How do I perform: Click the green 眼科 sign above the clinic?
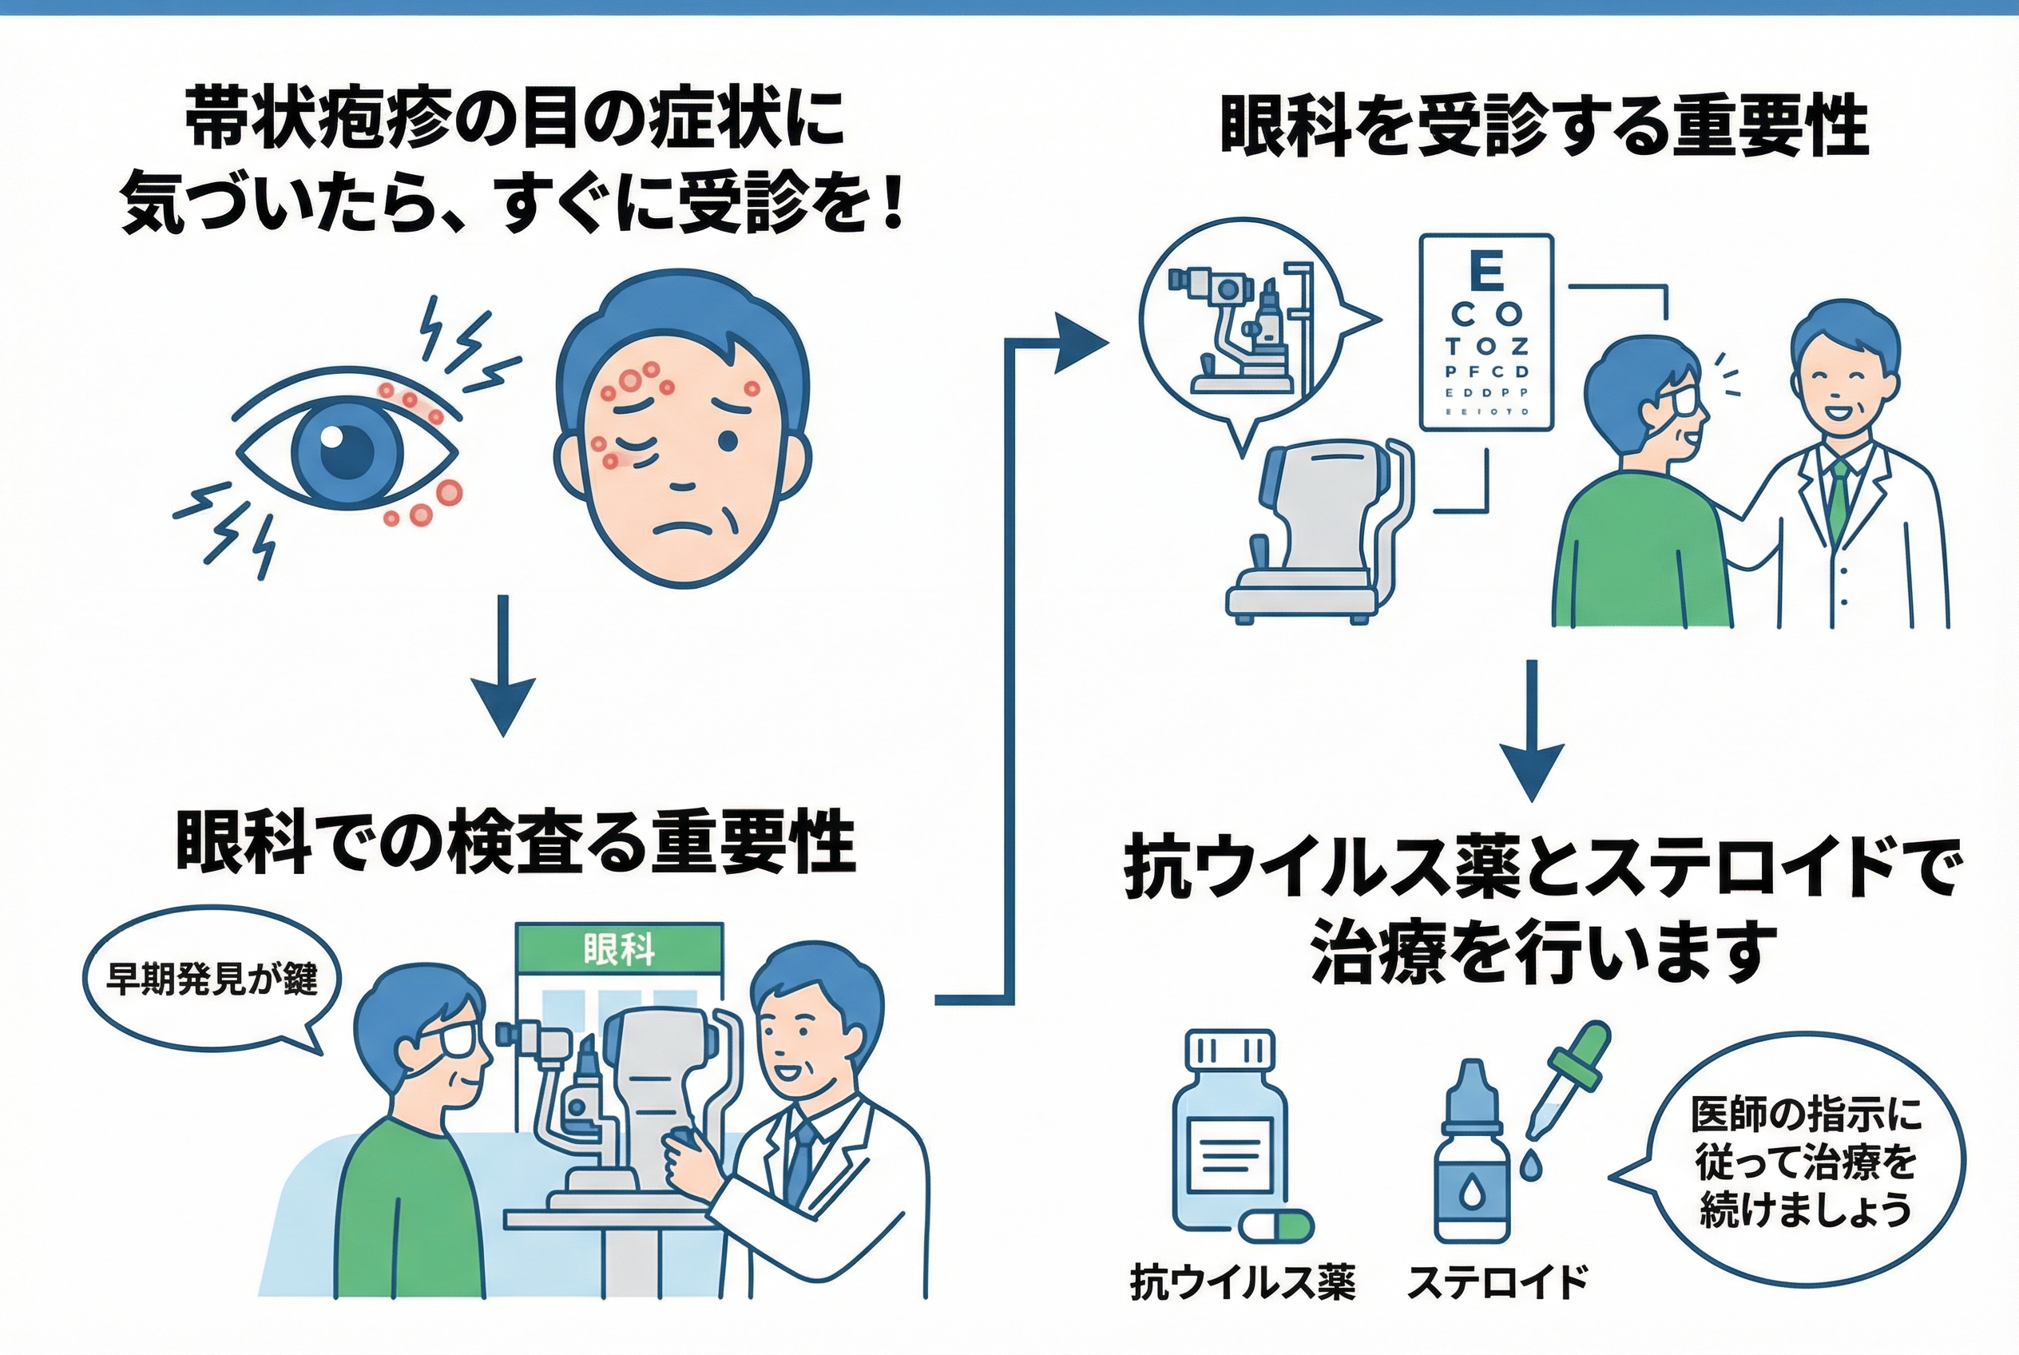[x=619, y=951]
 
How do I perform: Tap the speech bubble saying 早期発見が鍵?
[x=210, y=979]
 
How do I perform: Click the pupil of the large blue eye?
[x=346, y=451]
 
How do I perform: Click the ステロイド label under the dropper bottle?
[x=1498, y=1282]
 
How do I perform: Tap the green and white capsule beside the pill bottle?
[x=1275, y=1226]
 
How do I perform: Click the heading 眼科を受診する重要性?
[x=1545, y=128]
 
